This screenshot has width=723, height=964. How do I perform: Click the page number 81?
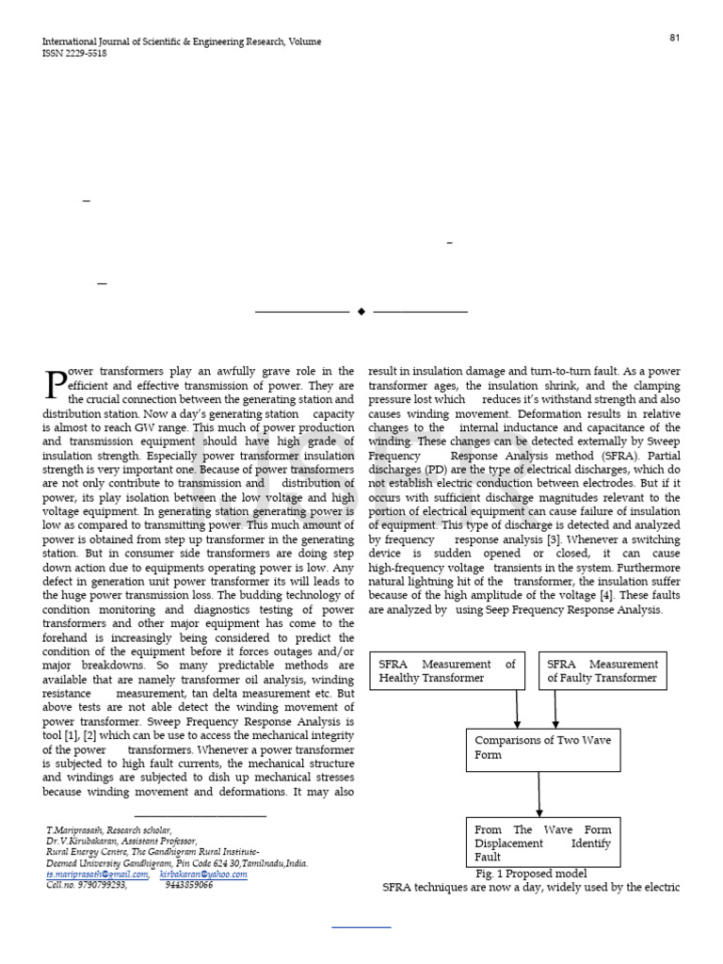pos(674,38)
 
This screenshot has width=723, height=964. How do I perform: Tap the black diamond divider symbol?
pos(361,311)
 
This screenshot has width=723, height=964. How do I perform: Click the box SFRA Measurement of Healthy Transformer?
pos(447,670)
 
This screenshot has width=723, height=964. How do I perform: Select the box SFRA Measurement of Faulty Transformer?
pos(602,670)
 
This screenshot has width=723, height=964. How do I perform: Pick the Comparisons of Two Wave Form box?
pos(543,747)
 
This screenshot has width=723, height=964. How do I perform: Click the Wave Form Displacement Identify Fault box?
pos(543,843)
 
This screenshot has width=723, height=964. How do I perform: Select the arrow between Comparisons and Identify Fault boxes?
pos(539,795)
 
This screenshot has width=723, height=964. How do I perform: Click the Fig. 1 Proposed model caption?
pos(531,874)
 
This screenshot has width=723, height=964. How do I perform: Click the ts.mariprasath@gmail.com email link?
pos(98,874)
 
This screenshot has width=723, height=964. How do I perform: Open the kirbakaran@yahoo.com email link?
pos(203,874)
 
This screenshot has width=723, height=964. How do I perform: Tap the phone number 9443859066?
pos(189,885)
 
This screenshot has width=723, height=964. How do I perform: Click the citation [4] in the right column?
pos(610,596)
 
